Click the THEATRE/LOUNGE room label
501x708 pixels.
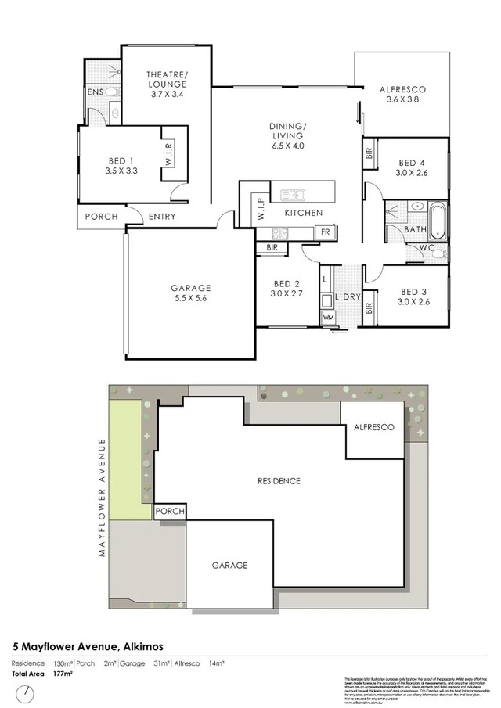(x=167, y=79)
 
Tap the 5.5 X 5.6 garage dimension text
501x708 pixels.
(x=191, y=298)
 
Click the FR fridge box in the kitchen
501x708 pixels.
(x=323, y=232)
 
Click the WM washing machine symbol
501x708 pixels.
(x=326, y=318)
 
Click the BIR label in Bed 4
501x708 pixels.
(x=369, y=154)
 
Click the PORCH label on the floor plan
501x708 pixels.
(x=101, y=217)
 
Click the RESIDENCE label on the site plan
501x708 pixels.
(x=279, y=481)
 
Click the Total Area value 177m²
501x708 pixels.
(x=63, y=673)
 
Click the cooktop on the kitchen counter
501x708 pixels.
(x=280, y=233)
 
